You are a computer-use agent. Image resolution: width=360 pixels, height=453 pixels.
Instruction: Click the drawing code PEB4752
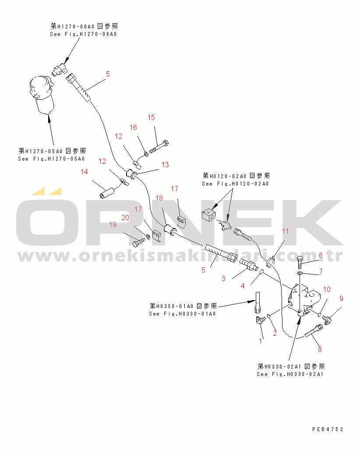(328, 429)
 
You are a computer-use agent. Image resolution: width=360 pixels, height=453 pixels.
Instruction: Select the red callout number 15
(151, 117)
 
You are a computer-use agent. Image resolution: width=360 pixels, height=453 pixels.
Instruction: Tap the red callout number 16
(133, 127)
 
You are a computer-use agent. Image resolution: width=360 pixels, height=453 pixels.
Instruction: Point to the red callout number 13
(165, 165)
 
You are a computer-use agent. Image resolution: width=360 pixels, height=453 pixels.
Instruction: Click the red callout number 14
(84, 172)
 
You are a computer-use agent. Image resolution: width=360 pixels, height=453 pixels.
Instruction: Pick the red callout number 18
(159, 198)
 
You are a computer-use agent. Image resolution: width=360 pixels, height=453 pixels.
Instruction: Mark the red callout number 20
(125, 218)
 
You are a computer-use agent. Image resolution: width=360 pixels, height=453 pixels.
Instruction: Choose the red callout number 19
(113, 225)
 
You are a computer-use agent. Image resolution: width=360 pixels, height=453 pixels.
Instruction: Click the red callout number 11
(286, 231)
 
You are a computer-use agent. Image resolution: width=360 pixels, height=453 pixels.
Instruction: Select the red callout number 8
(320, 349)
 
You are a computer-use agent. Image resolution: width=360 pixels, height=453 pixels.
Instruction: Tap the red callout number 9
(341, 298)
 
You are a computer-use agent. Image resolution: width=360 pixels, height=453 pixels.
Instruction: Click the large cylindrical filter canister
(42, 95)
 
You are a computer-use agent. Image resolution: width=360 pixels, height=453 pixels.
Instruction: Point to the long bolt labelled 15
(159, 147)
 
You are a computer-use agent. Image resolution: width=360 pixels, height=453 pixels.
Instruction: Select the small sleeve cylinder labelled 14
(107, 193)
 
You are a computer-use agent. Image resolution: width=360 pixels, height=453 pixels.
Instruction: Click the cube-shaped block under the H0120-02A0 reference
(208, 215)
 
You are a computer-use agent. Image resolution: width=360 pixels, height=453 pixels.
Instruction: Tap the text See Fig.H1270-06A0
(83, 34)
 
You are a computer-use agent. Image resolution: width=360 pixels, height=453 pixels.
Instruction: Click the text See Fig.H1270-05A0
(52, 159)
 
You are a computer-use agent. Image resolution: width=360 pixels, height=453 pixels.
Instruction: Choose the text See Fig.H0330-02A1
(290, 374)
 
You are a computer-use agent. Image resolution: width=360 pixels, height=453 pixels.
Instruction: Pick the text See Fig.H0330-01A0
(183, 314)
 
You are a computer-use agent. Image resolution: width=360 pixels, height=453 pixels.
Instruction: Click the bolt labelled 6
(300, 262)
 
